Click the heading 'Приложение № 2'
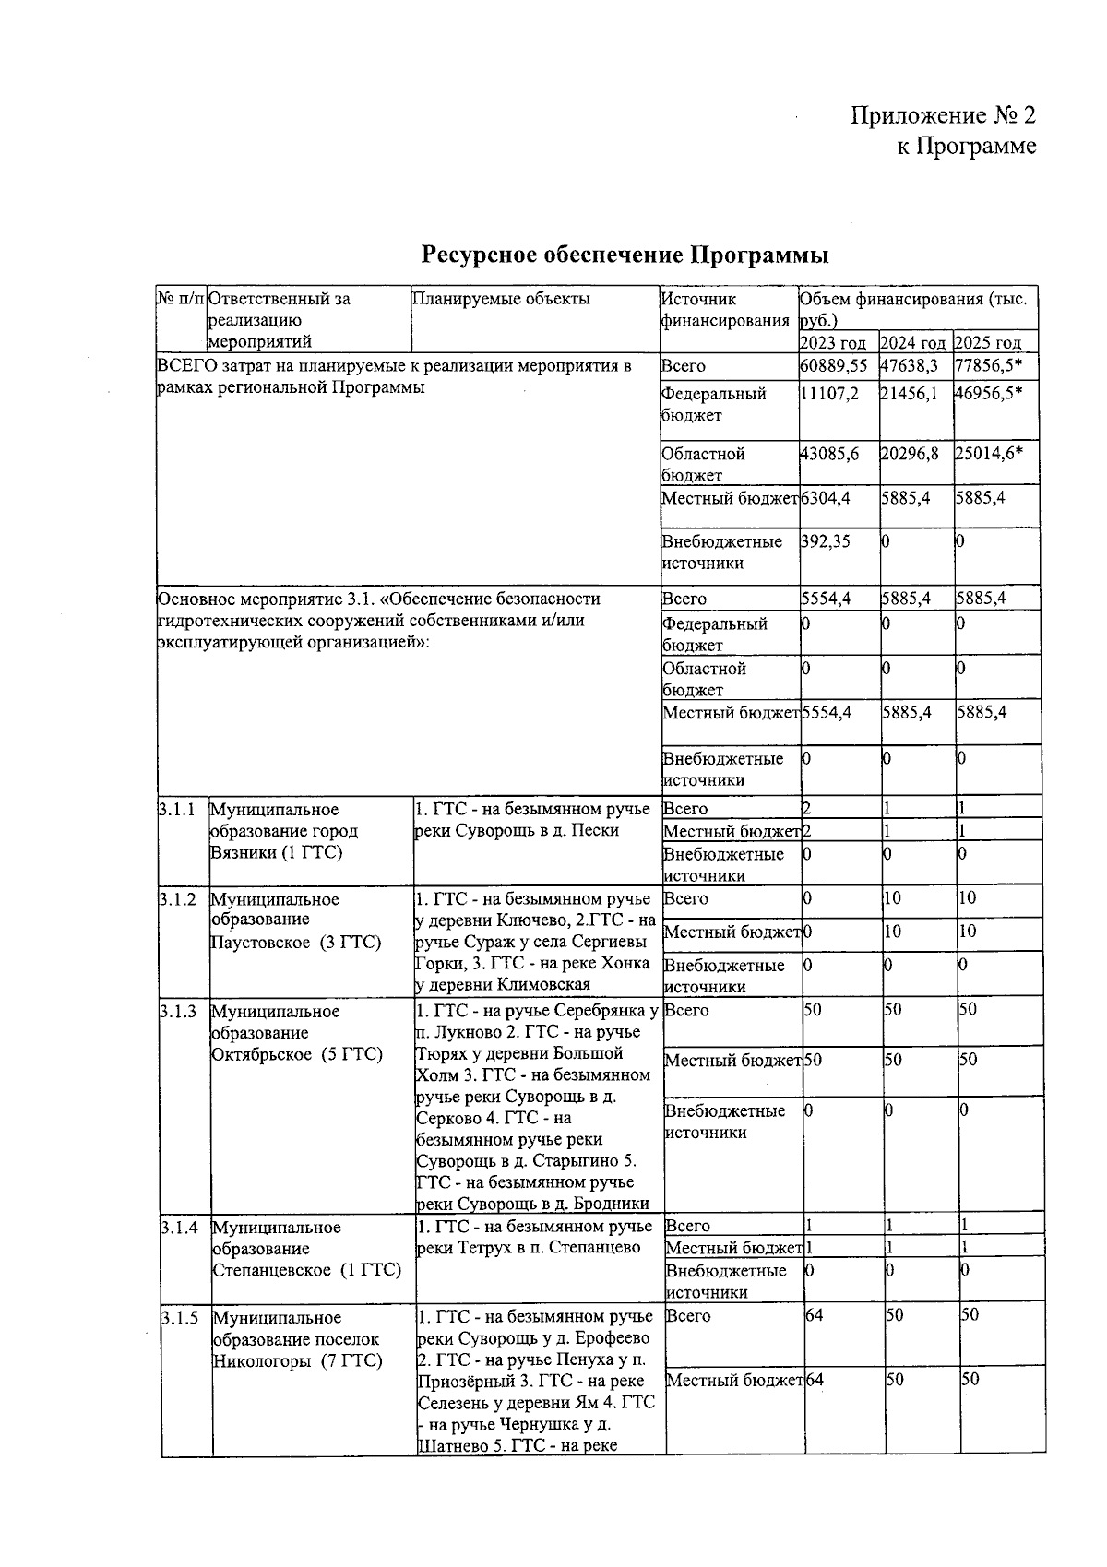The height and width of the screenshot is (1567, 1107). click(942, 115)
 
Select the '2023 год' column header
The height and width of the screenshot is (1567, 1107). click(836, 343)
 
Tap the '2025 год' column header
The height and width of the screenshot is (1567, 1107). click(988, 343)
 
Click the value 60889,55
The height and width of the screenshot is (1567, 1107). click(834, 365)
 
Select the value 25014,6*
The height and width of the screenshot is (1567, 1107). click(989, 454)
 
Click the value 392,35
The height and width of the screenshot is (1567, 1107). click(826, 541)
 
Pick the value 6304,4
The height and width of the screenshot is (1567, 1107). click(826, 498)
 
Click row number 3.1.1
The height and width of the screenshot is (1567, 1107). click(177, 810)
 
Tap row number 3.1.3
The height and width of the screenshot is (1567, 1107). click(178, 1012)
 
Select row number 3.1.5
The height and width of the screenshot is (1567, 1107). click(179, 1318)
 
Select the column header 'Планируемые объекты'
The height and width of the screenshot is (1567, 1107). click(501, 299)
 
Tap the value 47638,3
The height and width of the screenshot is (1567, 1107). click(911, 365)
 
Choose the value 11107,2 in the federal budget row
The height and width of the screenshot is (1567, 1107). click(830, 394)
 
